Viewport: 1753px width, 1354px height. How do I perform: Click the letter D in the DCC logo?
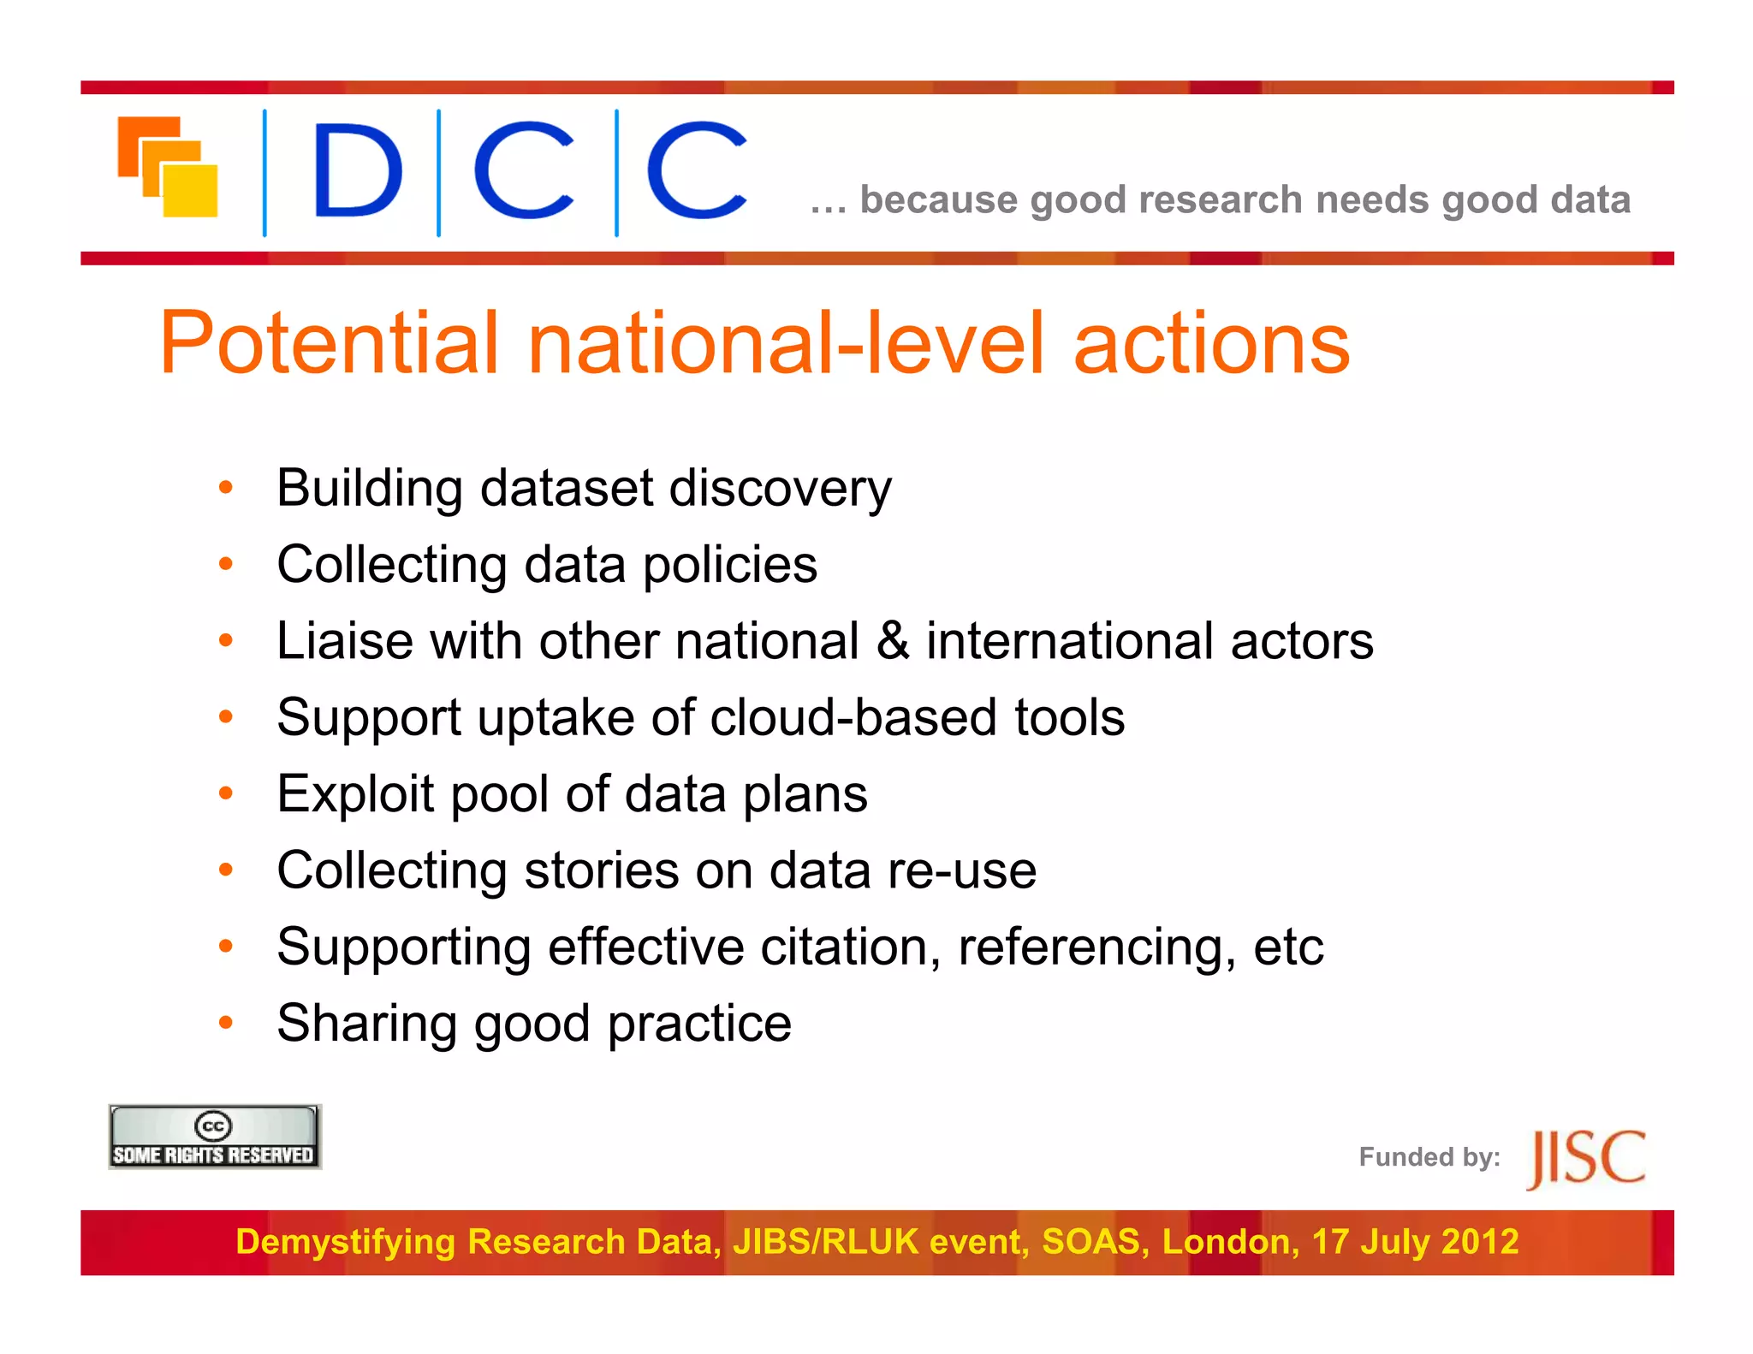(357, 169)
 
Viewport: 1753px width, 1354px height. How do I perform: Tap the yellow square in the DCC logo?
(191, 190)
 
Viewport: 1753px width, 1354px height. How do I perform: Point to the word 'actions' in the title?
(1211, 343)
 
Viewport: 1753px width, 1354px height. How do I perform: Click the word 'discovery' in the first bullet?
(780, 489)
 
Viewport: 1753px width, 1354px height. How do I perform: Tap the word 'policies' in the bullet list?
(730, 565)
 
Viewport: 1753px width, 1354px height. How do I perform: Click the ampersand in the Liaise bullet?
(892, 640)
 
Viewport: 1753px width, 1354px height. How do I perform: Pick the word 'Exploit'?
(355, 794)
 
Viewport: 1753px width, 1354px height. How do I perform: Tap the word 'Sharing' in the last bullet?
(366, 1024)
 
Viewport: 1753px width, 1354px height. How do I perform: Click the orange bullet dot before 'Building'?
(226, 489)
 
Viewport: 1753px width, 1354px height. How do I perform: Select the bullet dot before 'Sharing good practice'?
(226, 1023)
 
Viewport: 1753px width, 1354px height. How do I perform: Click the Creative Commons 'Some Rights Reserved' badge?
(214, 1137)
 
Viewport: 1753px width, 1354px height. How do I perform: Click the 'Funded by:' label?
(1429, 1157)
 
